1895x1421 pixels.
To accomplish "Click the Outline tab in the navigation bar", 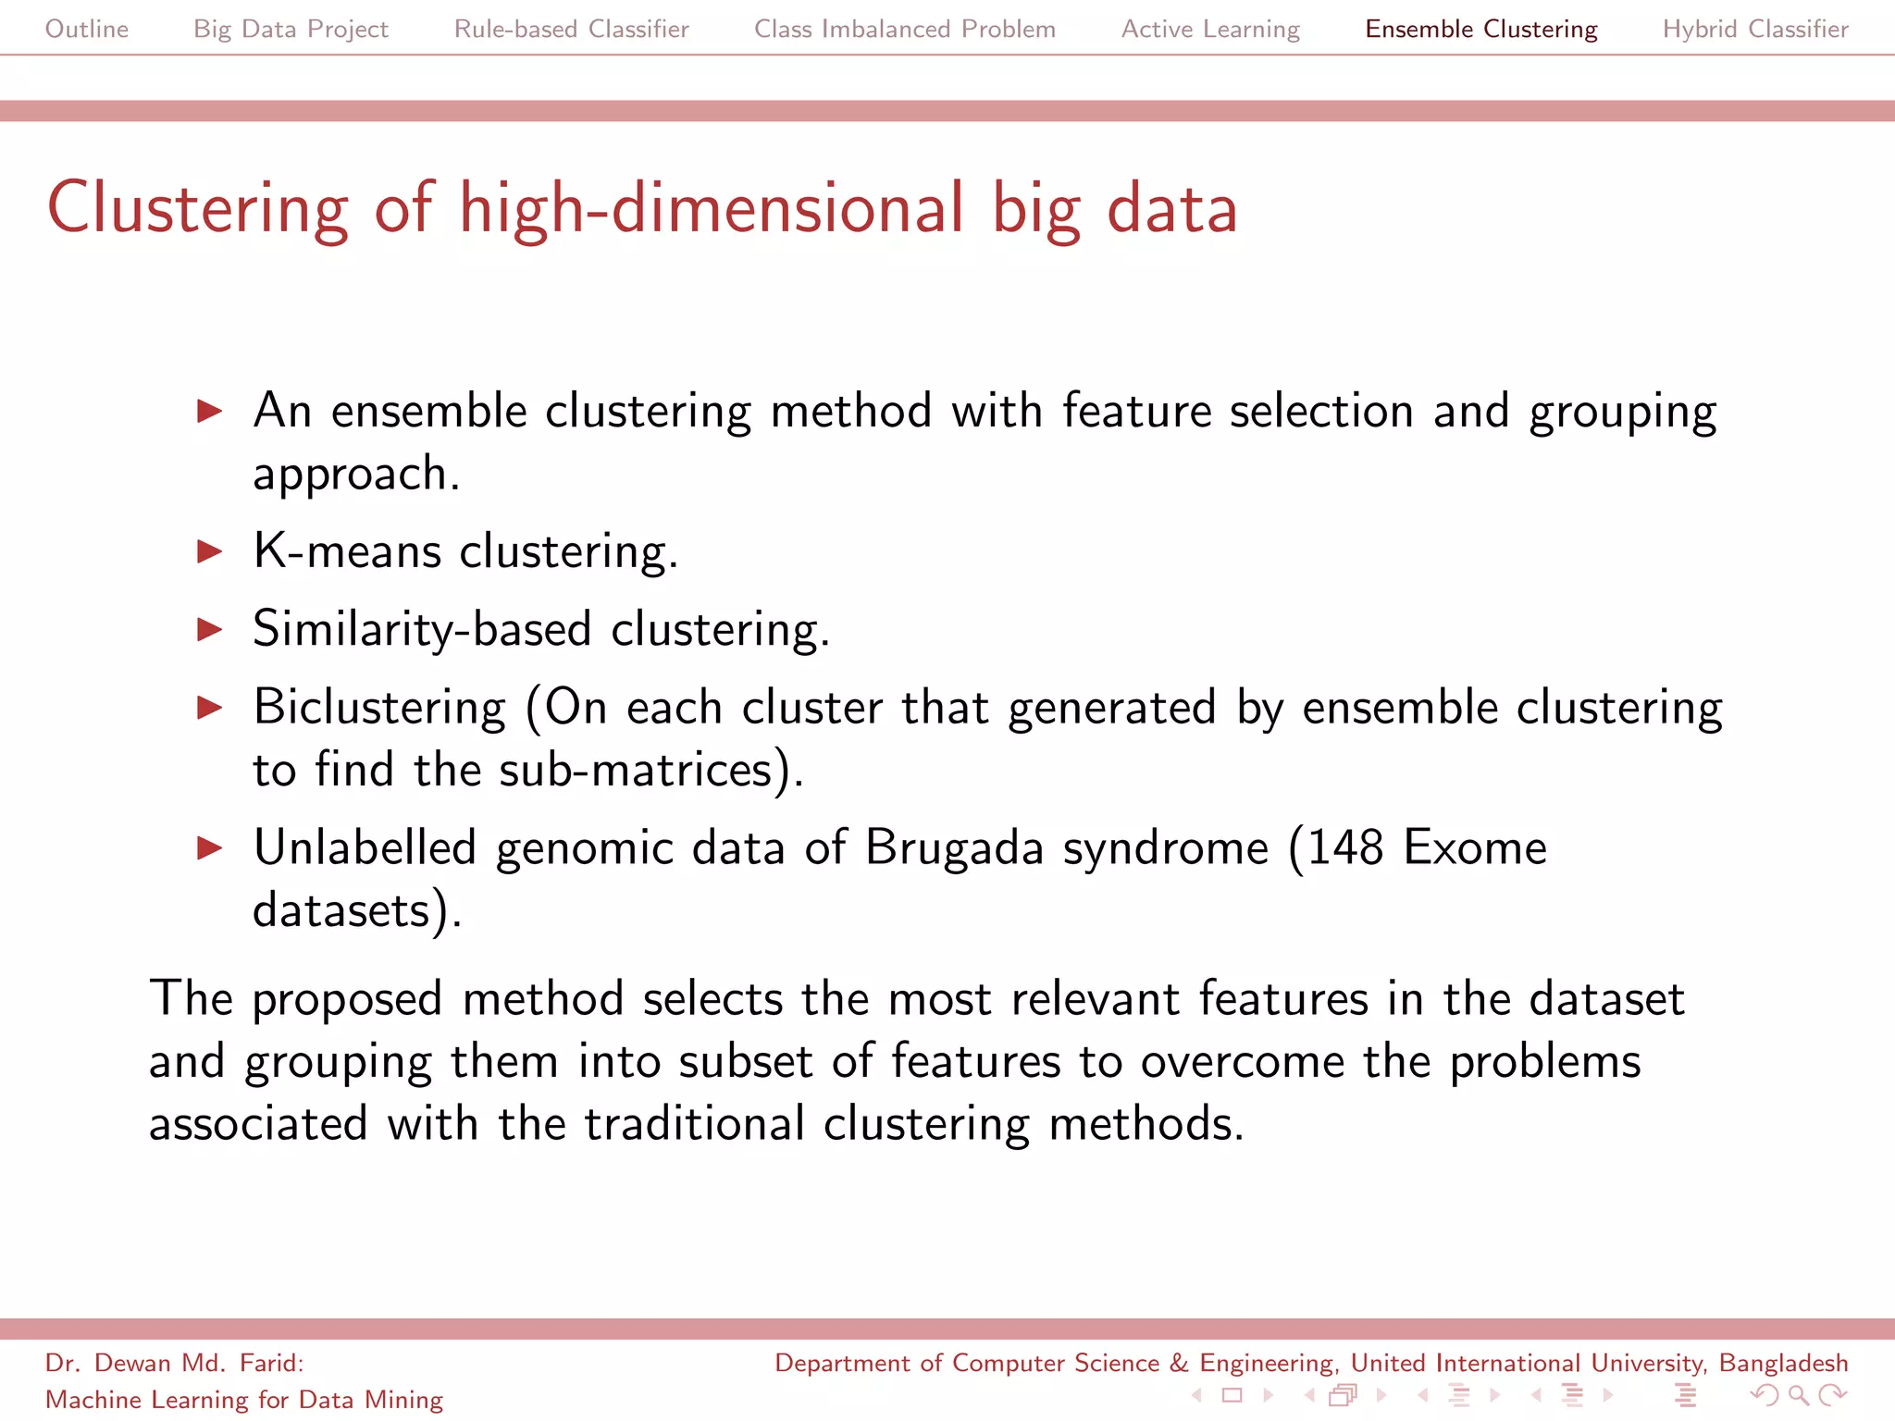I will click(x=87, y=29).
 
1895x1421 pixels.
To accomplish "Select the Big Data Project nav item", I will click(x=291, y=29).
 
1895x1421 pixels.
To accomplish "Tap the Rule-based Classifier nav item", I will click(x=571, y=29).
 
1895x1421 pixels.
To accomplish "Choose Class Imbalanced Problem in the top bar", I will click(x=904, y=29).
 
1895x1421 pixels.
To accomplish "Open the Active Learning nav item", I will click(x=1210, y=29).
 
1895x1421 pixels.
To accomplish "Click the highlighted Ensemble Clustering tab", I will click(x=1480, y=29).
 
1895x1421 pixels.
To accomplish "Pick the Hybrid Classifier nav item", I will click(x=1754, y=29).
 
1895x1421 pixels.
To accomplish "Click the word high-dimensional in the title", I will click(x=712, y=208).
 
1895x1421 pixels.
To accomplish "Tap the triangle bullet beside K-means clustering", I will click(x=210, y=552).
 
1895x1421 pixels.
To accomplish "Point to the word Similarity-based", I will click(x=421, y=630).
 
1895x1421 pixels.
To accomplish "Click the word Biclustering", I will click(x=379, y=708).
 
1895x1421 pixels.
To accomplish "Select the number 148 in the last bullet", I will click(x=1344, y=848).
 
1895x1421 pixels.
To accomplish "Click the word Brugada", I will click(x=954, y=848).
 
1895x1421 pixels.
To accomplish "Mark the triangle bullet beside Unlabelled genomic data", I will click(x=210, y=848).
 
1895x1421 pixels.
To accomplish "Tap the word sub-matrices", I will click(x=636, y=771).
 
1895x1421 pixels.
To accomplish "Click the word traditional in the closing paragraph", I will click(x=694, y=1124).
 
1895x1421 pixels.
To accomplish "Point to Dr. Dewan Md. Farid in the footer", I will click(x=174, y=1363).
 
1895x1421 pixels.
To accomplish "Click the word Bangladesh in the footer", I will click(x=1782, y=1363).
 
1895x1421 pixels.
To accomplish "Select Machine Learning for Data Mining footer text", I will click(x=244, y=1400).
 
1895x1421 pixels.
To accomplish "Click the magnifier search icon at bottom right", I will click(x=1797, y=1395).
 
